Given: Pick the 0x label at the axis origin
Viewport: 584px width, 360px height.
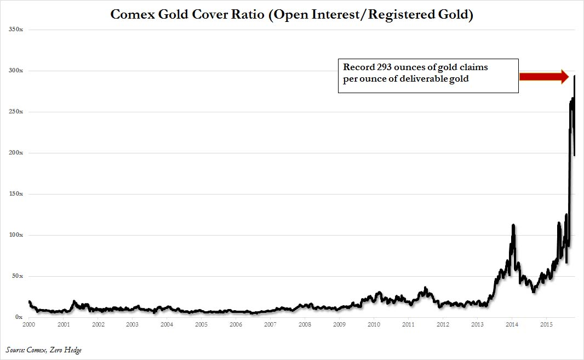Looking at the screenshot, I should tap(18, 317).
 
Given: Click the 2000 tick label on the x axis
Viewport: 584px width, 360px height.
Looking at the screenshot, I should tap(29, 325).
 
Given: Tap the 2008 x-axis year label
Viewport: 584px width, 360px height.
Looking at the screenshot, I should tap(305, 325).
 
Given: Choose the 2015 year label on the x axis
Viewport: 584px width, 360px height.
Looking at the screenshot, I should tap(546, 325).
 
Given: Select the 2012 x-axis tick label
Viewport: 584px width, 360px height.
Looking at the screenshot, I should tap(443, 325).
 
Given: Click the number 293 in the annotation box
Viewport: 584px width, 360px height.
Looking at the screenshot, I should tap(385, 67).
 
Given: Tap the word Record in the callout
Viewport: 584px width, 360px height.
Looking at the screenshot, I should tap(359, 67).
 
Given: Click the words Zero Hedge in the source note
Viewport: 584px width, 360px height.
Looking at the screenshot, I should tap(67, 350).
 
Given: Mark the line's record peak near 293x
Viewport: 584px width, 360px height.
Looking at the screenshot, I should tap(574, 76).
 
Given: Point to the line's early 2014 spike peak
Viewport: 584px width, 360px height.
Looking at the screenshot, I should tap(513, 225).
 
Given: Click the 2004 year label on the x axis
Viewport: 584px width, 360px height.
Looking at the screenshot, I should tap(167, 325).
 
